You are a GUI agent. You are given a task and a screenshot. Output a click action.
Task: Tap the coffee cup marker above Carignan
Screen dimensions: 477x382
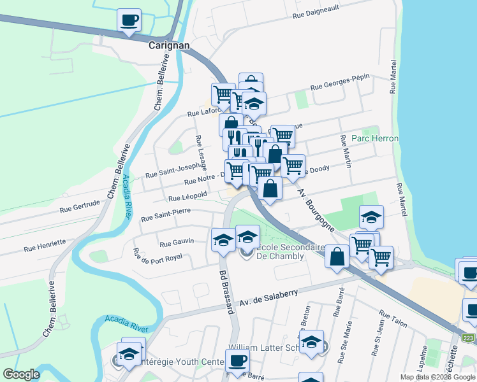click(129, 20)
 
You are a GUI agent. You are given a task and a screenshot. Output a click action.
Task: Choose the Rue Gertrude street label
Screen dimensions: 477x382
click(80, 205)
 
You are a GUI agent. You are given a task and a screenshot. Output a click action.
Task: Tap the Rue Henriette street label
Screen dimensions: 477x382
click(45, 243)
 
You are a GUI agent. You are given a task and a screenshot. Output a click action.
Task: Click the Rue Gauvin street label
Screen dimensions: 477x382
click(177, 243)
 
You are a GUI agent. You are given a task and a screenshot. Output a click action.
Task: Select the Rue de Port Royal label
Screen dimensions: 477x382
click(157, 256)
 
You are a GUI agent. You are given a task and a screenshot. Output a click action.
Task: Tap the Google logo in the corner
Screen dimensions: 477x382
click(21, 374)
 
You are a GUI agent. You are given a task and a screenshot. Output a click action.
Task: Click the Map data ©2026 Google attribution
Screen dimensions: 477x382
click(437, 377)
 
